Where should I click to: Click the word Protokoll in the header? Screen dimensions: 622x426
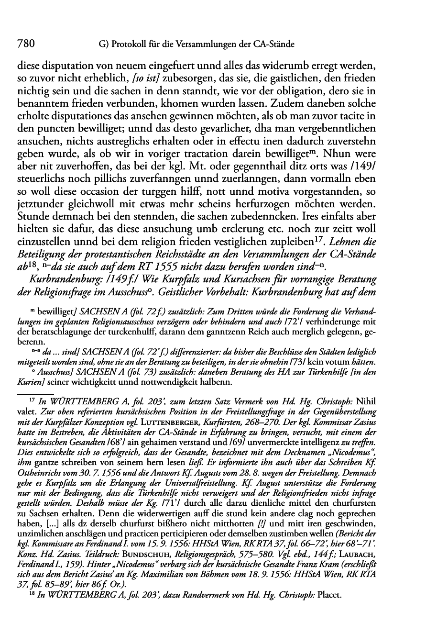click(127, 45)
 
